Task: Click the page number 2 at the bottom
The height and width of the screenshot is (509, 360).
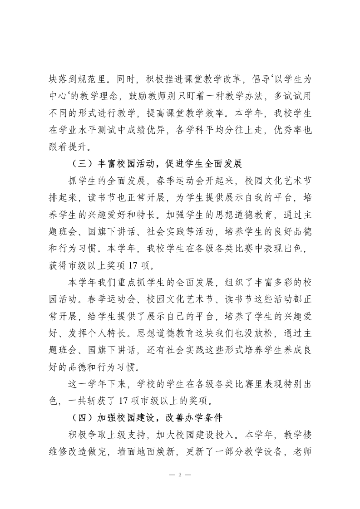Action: (180, 475)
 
